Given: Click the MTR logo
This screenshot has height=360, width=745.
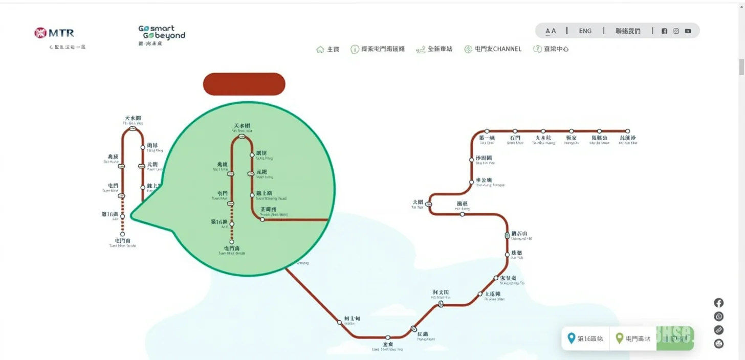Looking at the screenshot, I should click(54, 33).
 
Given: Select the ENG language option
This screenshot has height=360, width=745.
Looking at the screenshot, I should click(585, 31).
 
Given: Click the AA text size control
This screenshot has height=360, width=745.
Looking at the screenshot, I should click(551, 31).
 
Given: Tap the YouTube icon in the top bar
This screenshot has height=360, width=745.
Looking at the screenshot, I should click(688, 31).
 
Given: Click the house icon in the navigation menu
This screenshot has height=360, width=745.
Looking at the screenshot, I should click(320, 49).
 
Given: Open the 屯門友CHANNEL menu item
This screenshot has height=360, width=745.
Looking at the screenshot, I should click(493, 49).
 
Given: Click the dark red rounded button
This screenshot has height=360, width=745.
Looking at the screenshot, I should click(244, 84).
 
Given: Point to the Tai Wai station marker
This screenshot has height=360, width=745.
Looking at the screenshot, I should click(429, 204).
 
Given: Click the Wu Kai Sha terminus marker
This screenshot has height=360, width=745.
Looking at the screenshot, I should click(627, 131).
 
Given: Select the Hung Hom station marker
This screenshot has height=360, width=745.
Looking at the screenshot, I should click(413, 329).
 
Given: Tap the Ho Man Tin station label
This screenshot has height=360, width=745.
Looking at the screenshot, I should click(440, 292).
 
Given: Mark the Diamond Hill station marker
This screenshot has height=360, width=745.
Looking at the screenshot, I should click(507, 236).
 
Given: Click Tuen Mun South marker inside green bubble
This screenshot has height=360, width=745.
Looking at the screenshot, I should click(232, 242).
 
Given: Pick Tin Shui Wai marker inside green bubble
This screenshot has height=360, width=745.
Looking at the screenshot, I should click(242, 137).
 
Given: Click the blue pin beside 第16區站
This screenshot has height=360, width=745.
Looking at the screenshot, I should click(572, 338).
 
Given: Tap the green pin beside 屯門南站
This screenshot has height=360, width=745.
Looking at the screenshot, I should click(619, 338).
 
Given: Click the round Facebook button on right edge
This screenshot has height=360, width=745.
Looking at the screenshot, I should click(718, 303).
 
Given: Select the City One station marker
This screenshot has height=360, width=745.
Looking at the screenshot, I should click(487, 131).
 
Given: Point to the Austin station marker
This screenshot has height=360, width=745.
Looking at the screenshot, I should click(339, 322).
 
